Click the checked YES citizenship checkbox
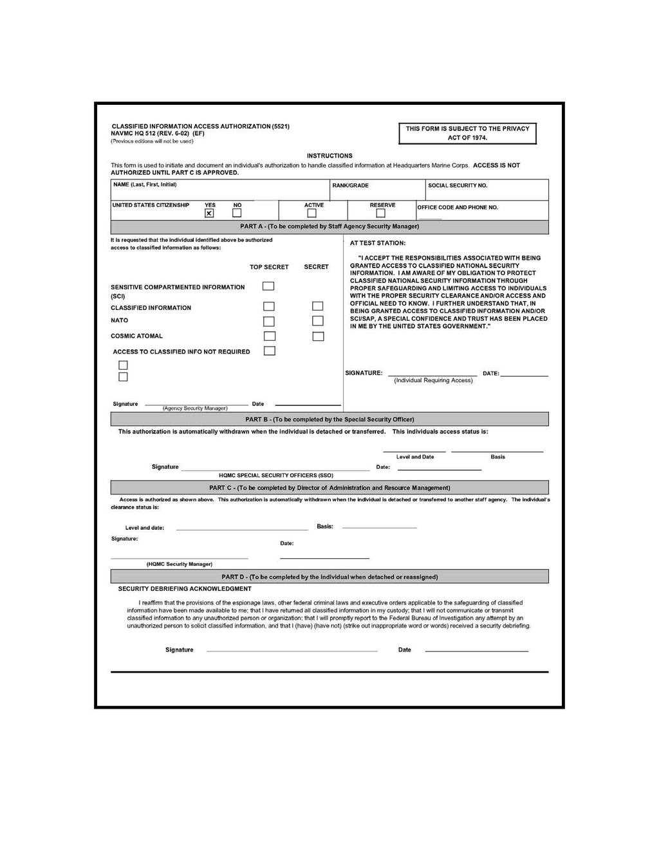[x=209, y=213]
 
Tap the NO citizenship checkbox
[x=237, y=213]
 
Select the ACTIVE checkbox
[x=311, y=213]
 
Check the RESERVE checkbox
[x=380, y=213]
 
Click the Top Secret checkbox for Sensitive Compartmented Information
[x=268, y=286]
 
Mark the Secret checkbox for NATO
[x=318, y=321]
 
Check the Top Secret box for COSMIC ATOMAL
[x=270, y=336]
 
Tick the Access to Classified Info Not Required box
[x=270, y=351]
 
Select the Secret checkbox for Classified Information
[x=318, y=306]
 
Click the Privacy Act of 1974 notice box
[x=467, y=133]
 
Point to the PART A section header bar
[x=329, y=226]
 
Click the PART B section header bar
[x=329, y=419]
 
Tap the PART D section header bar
[x=329, y=577]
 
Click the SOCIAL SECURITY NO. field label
[x=458, y=185]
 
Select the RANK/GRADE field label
[x=351, y=185]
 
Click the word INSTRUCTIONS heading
[x=329, y=156]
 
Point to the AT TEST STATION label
[x=378, y=243]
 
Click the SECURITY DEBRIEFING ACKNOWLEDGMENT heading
[x=185, y=588]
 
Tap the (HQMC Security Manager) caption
[x=179, y=564]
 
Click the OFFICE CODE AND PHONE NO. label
[x=458, y=208]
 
